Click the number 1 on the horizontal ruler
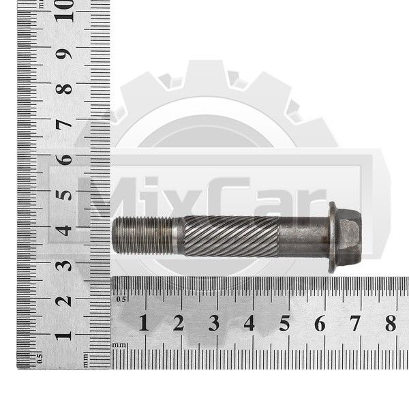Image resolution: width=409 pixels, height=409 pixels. [x=143, y=322]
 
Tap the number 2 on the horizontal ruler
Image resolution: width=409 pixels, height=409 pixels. [x=179, y=322]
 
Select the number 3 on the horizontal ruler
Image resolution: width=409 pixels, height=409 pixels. [x=214, y=323]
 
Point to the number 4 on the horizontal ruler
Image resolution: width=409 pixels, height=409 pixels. [x=249, y=323]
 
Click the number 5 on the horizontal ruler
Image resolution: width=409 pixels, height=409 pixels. [x=284, y=323]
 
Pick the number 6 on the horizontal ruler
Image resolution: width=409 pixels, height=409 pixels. [x=320, y=323]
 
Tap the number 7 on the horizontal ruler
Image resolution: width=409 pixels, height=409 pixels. [x=355, y=323]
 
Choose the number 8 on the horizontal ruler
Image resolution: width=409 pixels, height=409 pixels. [x=391, y=323]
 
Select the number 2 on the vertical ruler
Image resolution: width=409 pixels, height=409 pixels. [x=63, y=301]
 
